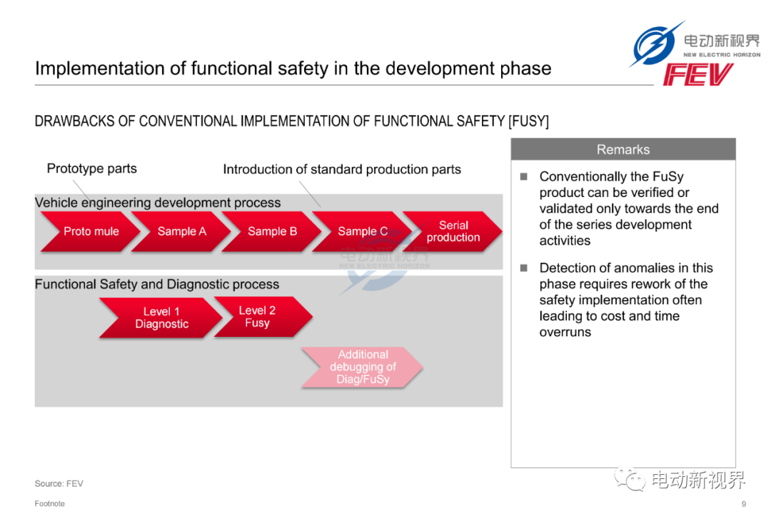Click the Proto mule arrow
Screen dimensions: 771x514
click(x=89, y=232)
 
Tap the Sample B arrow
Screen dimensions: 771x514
click(x=271, y=232)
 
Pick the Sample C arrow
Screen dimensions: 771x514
click(x=361, y=232)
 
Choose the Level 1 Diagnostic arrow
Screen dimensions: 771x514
click(x=161, y=318)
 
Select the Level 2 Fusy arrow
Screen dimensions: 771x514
click(x=263, y=317)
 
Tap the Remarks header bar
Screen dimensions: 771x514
click(x=623, y=149)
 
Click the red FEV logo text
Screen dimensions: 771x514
click(x=697, y=75)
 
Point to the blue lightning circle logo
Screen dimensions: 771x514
click(x=655, y=44)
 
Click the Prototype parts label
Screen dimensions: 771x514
click(x=92, y=168)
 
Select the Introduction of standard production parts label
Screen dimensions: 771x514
click(x=342, y=169)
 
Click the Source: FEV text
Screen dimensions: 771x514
click(x=59, y=483)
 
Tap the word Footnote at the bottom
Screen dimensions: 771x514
click(x=50, y=504)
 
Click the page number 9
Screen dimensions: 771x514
click(x=743, y=504)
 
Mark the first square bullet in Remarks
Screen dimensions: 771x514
click(x=524, y=176)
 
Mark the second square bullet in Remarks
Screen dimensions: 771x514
click(x=524, y=268)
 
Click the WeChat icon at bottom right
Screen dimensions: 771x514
click(x=630, y=478)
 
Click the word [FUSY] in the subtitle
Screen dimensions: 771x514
click(x=528, y=121)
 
